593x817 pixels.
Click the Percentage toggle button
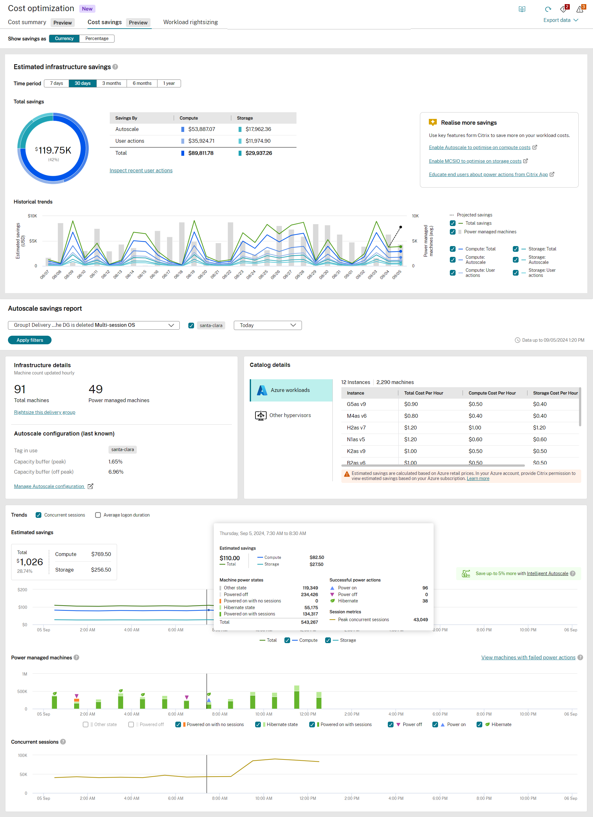pos(97,38)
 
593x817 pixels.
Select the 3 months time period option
pos(111,83)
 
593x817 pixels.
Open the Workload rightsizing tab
pos(190,22)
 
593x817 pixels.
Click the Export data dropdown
pos(560,20)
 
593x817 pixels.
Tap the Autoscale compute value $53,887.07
pos(201,129)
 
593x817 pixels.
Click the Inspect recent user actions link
pos(141,170)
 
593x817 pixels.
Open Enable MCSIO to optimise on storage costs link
pos(475,161)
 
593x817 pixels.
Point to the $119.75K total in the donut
pos(53,150)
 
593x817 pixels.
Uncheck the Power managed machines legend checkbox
pos(452,232)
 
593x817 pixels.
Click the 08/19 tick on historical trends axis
pos(190,274)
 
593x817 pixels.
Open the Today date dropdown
pos(268,325)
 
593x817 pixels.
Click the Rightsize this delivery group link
pos(45,412)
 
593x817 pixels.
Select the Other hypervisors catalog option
pos(290,415)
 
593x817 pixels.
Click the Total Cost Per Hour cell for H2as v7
pos(410,428)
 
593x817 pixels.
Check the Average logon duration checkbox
pos(98,515)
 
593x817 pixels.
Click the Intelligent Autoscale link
pos(547,573)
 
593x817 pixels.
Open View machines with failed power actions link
pos(528,657)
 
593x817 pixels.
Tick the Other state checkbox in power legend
pos(86,724)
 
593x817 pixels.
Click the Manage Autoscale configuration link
pos(49,486)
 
